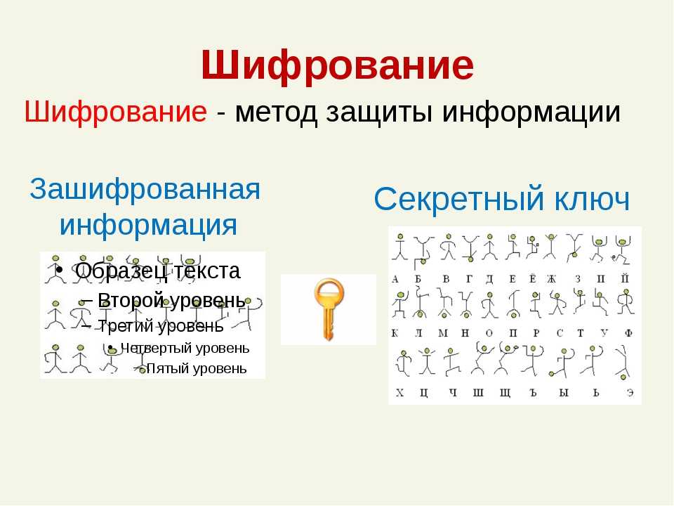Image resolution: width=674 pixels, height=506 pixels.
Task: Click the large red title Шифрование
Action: [x=338, y=65]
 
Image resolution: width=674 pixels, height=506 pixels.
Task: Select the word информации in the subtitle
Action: [x=531, y=112]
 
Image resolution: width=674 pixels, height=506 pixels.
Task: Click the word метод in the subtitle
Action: [x=276, y=112]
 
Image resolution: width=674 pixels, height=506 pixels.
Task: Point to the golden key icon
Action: [x=329, y=309]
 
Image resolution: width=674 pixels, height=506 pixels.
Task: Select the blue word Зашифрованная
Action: [x=145, y=189]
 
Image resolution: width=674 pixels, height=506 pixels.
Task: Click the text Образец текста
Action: [x=157, y=271]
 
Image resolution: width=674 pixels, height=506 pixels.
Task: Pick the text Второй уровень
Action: [x=171, y=300]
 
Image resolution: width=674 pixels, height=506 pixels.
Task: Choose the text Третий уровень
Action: [x=161, y=326]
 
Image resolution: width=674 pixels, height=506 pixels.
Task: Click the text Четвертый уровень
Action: [x=185, y=348]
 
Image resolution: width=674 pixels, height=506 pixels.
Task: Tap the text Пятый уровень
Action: [x=197, y=368]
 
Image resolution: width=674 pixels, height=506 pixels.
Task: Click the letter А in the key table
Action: [x=395, y=280]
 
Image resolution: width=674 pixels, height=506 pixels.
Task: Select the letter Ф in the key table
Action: [x=628, y=332]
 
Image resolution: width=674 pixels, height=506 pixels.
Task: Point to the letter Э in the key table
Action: [x=630, y=393]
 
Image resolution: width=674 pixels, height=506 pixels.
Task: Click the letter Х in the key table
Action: [x=399, y=392]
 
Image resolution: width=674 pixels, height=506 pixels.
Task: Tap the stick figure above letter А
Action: [x=400, y=247]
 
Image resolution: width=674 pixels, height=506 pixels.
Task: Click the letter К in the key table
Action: [x=395, y=333]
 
